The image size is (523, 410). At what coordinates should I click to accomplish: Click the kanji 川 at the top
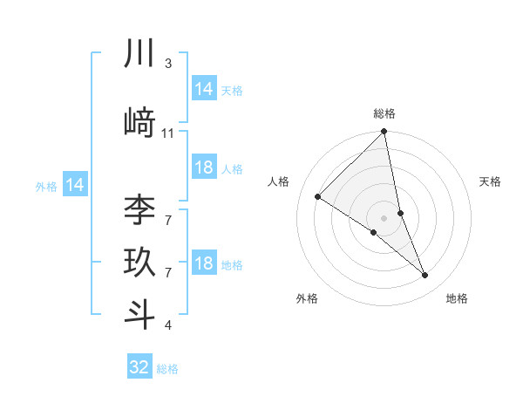pyautogui.click(x=139, y=54)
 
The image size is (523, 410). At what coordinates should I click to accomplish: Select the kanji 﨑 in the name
pyautogui.click(x=139, y=122)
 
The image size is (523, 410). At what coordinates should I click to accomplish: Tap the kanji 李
pyautogui.click(x=139, y=209)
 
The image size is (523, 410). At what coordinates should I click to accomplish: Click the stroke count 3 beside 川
pyautogui.click(x=168, y=64)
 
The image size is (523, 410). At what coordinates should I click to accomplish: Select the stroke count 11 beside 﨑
pyautogui.click(x=168, y=133)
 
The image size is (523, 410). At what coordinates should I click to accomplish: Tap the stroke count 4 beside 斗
pyautogui.click(x=168, y=325)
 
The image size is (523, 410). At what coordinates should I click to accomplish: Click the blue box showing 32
pyautogui.click(x=139, y=367)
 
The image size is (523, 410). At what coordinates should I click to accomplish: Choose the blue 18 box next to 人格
pyautogui.click(x=203, y=167)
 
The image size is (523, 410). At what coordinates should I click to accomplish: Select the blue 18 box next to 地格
pyautogui.click(x=203, y=263)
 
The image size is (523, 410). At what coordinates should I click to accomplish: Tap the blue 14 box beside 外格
pyautogui.click(x=75, y=185)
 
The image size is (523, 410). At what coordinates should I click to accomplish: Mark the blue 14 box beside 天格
pyautogui.click(x=203, y=89)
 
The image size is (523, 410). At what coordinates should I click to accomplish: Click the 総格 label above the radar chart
pyautogui.click(x=384, y=113)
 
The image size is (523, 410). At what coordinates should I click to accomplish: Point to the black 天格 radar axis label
pyautogui.click(x=491, y=181)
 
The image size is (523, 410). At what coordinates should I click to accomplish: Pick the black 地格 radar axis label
pyautogui.click(x=457, y=298)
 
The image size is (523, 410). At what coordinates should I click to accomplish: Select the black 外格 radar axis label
pyautogui.click(x=307, y=298)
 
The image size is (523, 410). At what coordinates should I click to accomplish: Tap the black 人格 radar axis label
pyautogui.click(x=279, y=181)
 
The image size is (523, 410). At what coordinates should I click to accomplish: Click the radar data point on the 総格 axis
pyautogui.click(x=384, y=133)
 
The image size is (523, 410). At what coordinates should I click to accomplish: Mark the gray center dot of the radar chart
pyautogui.click(x=384, y=216)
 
